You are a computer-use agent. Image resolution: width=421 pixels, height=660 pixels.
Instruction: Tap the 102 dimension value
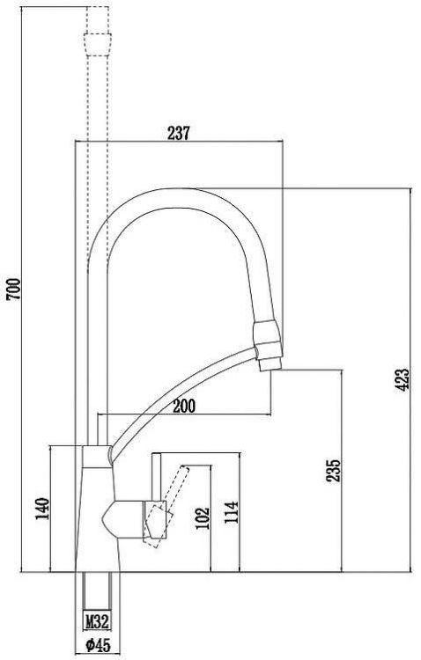pos(203,519)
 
